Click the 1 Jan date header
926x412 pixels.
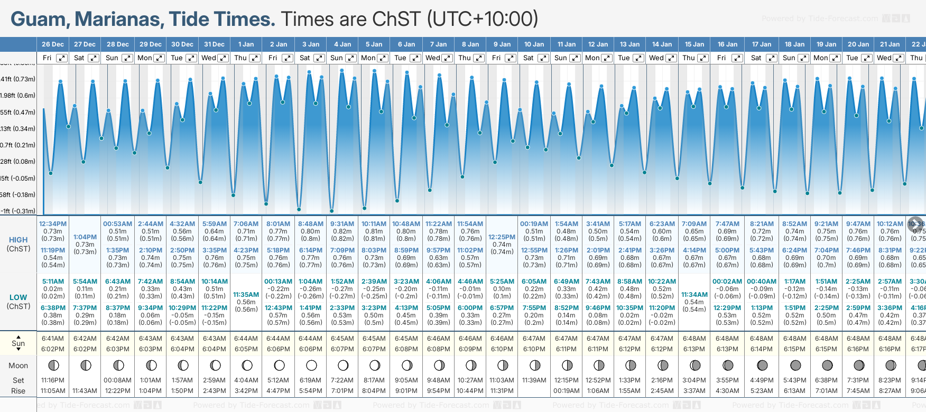[246, 44]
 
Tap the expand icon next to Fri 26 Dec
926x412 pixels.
[62, 58]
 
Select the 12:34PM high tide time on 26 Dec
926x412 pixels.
[53, 224]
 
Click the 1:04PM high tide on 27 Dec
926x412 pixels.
[85, 237]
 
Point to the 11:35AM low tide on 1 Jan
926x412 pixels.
[246, 295]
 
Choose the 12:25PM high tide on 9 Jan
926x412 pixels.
[502, 237]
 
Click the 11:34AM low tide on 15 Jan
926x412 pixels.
[694, 295]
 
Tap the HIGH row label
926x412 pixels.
[18, 240]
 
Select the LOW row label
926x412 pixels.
[18, 297]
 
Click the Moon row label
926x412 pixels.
[18, 366]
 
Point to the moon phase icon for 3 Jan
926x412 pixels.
[311, 365]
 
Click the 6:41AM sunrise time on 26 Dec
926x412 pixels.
[53, 339]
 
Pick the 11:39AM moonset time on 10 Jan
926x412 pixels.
[534, 380]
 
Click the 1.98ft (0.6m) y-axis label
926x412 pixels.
[18, 96]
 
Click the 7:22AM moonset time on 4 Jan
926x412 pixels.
[342, 380]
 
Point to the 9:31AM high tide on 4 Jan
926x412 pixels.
[342, 224]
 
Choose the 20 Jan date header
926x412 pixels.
[858, 44]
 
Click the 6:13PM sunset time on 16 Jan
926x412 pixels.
[727, 349]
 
